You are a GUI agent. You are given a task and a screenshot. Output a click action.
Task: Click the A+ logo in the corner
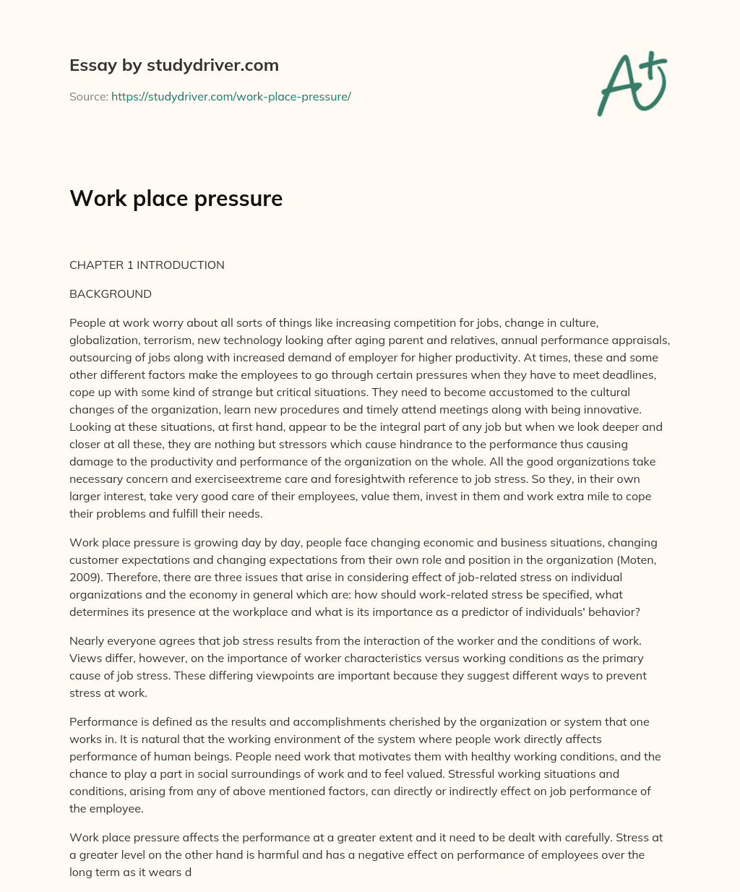632,83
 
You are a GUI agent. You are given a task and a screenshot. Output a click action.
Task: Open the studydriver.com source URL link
231,96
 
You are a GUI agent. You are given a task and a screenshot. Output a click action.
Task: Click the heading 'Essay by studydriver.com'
173,65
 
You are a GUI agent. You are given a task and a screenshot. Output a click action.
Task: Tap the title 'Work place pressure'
176,198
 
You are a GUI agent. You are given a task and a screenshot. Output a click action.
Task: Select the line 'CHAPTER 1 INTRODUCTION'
147,265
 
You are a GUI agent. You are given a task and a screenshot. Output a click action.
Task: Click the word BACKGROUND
111,294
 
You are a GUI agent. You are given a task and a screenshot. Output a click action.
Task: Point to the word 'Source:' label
88,96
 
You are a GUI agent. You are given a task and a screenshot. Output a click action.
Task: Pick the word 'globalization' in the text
101,340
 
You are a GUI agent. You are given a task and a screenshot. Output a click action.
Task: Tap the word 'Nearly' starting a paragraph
86,641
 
